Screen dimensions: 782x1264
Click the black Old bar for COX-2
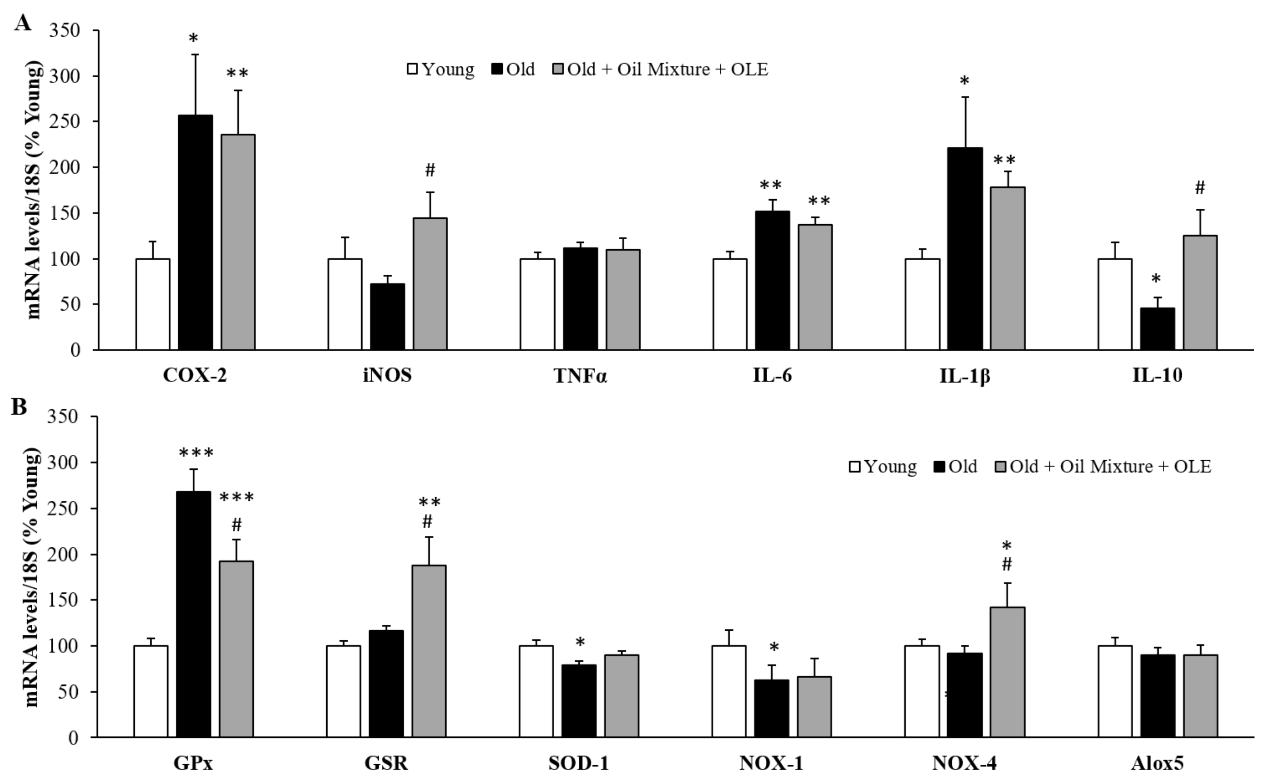pyautogui.click(x=195, y=233)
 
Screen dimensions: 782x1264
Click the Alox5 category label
pyautogui.click(x=1157, y=763)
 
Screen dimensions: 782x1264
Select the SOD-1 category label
pyautogui.click(x=579, y=763)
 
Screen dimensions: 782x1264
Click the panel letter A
pyautogui.click(x=22, y=23)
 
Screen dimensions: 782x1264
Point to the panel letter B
pyautogui.click(x=19, y=407)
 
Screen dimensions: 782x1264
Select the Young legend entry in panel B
pyautogui.click(x=883, y=466)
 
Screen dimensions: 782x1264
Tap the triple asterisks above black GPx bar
pyautogui.click(x=196, y=454)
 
